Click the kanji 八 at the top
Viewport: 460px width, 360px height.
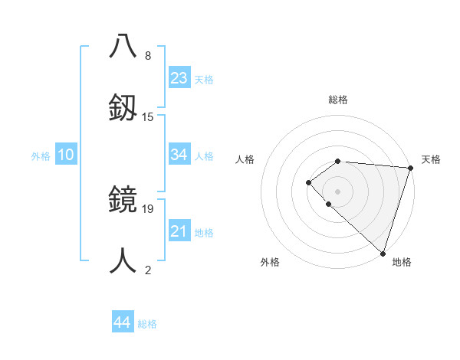[123, 47]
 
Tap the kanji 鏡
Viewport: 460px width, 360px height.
[123, 200]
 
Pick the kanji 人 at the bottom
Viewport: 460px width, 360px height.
[123, 260]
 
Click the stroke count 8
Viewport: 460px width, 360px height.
[148, 56]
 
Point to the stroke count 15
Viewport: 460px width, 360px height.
[148, 116]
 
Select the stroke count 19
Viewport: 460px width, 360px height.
[148, 209]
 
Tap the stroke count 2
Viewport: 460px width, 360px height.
[148, 270]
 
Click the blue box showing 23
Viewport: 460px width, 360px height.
[179, 77]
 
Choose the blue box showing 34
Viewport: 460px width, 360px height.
[179, 155]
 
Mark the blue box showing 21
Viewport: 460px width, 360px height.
[179, 231]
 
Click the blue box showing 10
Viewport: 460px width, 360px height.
[66, 155]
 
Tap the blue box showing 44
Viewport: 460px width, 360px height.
[122, 322]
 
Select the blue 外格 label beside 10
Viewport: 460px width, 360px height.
[41, 156]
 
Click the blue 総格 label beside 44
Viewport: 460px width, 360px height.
[147, 324]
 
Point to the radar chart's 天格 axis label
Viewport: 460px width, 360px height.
[431, 159]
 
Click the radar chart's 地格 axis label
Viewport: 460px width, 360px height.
[402, 262]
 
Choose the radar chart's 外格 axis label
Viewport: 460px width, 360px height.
[270, 262]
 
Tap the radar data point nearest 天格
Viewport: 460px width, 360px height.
[410, 167]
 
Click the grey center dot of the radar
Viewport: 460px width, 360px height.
[337, 191]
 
